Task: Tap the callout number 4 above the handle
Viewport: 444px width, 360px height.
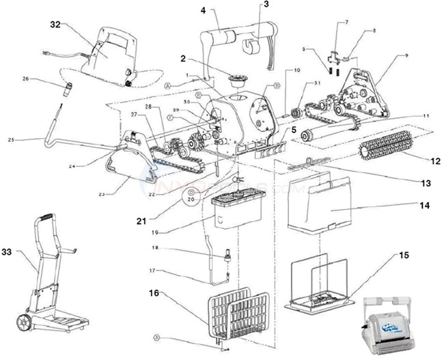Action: (x=203, y=10)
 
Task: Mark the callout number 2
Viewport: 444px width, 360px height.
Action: (x=183, y=59)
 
